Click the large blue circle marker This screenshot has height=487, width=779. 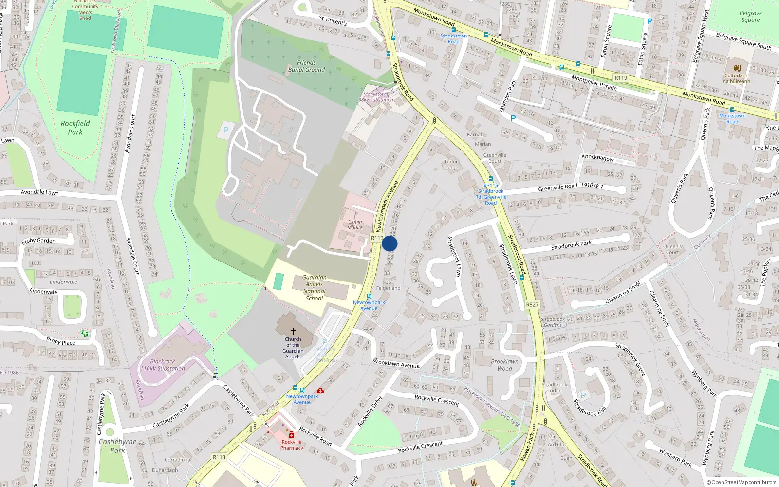(389, 243)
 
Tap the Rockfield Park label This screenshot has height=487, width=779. (75, 128)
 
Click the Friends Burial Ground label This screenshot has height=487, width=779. (306, 66)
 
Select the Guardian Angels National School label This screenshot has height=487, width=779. (314, 288)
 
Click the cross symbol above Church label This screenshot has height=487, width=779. (293, 331)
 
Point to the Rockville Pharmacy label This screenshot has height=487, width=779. (292, 445)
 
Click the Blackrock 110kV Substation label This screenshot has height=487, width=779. (163, 365)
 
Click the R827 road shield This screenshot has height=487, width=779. (532, 305)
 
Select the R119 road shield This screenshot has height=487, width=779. (621, 78)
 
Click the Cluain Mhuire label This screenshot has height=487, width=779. (355, 225)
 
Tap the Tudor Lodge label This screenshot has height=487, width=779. (451, 165)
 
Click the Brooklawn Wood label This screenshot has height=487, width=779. (504, 365)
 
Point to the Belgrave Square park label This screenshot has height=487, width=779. (750, 17)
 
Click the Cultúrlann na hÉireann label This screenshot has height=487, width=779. (736, 78)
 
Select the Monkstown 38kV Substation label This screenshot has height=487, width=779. (376, 97)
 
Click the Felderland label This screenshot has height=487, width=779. (388, 288)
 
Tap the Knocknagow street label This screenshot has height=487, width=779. (597, 158)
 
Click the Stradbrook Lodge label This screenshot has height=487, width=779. (554, 387)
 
